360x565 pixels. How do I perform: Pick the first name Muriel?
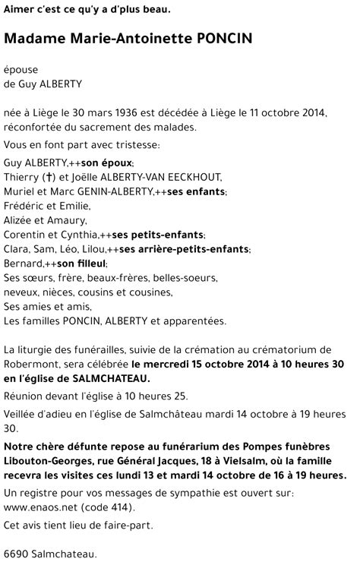point(20,191)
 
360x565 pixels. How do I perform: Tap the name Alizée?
point(20,220)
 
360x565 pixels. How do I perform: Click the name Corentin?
point(26,235)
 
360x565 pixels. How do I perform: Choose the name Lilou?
point(93,249)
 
